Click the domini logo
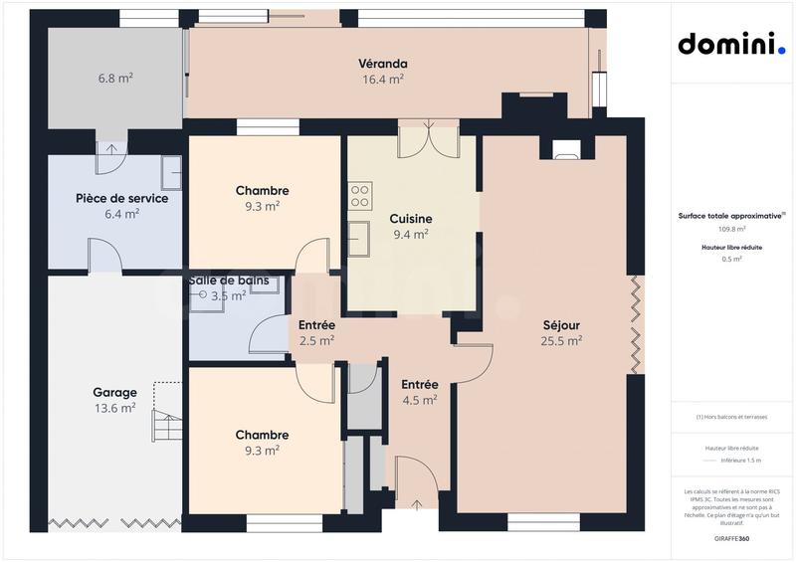[x=731, y=45]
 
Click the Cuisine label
[x=409, y=218]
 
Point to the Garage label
[x=114, y=392]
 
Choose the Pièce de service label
[x=121, y=198]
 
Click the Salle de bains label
[x=228, y=281]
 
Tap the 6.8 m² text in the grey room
[x=115, y=77]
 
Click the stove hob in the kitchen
[x=359, y=196]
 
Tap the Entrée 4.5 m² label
[x=419, y=392]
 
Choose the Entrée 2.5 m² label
[x=316, y=333]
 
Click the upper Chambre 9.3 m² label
[x=263, y=198]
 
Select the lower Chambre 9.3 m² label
[x=263, y=442]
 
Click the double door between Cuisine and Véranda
[x=428, y=139]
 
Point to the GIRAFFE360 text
[x=731, y=536]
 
